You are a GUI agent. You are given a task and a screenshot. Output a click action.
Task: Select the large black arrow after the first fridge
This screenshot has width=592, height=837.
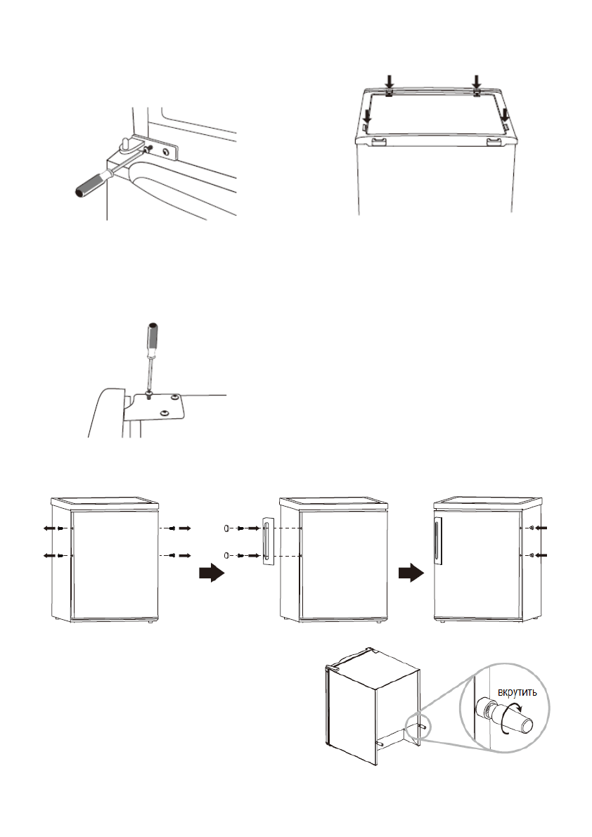[x=210, y=574]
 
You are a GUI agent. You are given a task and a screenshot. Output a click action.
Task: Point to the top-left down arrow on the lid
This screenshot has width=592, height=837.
[x=390, y=82]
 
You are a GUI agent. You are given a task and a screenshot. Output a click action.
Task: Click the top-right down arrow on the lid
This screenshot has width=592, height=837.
[x=476, y=82]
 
